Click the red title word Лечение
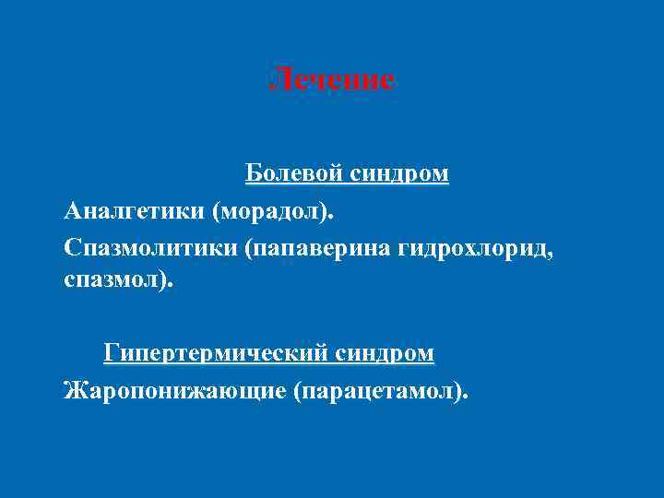[332, 80]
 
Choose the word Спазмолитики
[150, 249]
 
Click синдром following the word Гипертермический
[386, 353]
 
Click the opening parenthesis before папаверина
[250, 250]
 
